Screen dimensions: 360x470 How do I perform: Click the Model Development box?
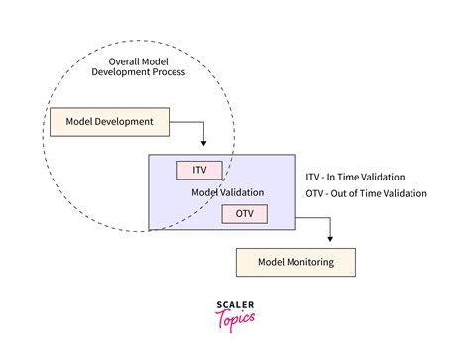click(x=109, y=122)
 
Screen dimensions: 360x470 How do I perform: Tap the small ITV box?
click(x=199, y=170)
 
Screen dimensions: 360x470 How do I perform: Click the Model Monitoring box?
click(x=294, y=262)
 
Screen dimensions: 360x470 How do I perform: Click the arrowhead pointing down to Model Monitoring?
click(x=330, y=239)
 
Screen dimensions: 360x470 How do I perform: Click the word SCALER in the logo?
click(x=235, y=306)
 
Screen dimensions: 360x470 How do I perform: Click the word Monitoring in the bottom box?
click(x=313, y=262)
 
